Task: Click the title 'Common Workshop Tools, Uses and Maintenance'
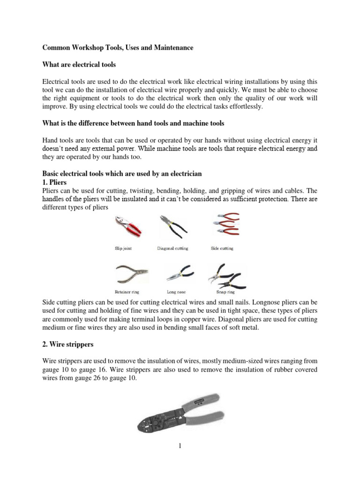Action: (x=117, y=48)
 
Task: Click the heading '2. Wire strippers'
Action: (x=68, y=345)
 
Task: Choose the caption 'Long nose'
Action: (x=173, y=291)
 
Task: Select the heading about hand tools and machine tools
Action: (x=133, y=123)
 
